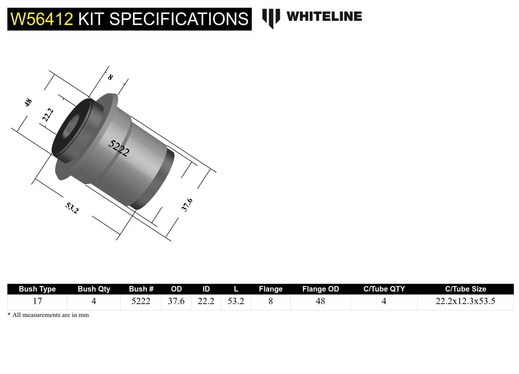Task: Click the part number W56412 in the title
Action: coord(42,19)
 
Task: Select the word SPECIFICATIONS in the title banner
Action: coord(179,19)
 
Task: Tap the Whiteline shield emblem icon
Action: coord(271,18)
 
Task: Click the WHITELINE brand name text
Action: coord(324,17)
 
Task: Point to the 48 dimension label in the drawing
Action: coord(28,103)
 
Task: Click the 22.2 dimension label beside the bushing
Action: coord(48,115)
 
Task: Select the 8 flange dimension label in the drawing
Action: coord(110,77)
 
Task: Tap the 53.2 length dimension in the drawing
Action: coord(72,208)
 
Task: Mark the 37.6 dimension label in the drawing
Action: coord(187,205)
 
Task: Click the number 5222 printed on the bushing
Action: coord(119,148)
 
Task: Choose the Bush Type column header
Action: coord(37,289)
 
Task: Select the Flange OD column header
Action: coord(320,289)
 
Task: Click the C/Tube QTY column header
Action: coord(384,289)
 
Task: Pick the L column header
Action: coord(236,289)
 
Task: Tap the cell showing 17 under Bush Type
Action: coord(37,301)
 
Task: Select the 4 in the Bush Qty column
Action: coord(93,301)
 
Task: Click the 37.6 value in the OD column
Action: coord(176,301)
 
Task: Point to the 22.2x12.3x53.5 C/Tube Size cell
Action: coord(465,301)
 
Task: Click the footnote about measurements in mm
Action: coord(48,315)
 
